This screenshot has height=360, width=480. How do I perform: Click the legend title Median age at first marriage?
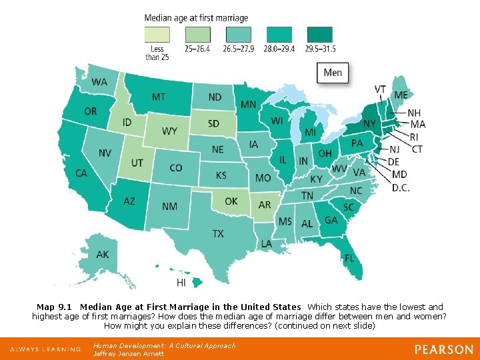(x=196, y=18)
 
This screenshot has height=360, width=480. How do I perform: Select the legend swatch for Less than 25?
(x=157, y=35)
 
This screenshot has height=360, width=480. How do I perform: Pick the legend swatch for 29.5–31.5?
(x=320, y=35)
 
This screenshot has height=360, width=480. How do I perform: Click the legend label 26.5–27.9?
(x=239, y=49)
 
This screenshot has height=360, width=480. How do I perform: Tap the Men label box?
(x=333, y=73)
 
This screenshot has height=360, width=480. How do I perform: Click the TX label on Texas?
(x=218, y=233)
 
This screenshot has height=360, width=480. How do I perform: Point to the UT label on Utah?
(x=137, y=163)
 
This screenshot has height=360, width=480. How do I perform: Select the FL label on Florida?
(x=349, y=257)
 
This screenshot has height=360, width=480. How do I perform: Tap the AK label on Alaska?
(x=103, y=255)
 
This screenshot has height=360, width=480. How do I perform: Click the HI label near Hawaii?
(x=181, y=283)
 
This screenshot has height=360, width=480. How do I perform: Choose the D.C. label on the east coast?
(x=401, y=188)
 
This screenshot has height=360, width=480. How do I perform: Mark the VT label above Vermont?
(x=380, y=89)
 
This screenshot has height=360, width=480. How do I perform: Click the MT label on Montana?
(x=159, y=97)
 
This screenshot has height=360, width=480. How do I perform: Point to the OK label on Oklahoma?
(x=231, y=201)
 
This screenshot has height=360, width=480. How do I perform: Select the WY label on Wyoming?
(x=170, y=131)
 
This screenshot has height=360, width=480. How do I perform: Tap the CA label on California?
(x=81, y=173)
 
